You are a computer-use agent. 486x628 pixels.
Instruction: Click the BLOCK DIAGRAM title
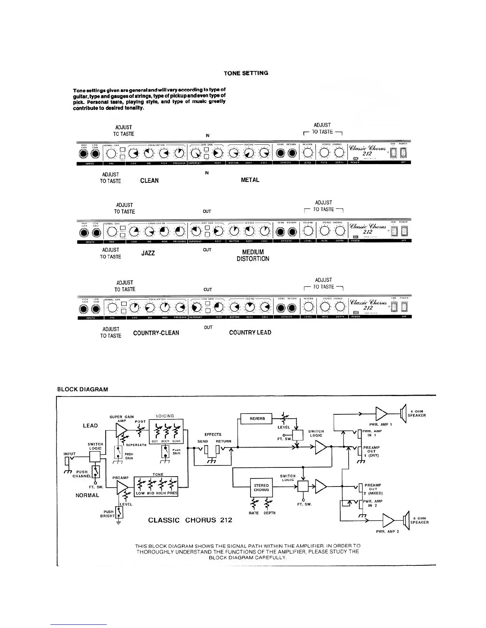pyautogui.click(x=83, y=389)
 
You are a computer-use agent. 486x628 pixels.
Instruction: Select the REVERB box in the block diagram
pyautogui.click(x=257, y=419)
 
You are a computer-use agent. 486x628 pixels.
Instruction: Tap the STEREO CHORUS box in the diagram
pyautogui.click(x=261, y=488)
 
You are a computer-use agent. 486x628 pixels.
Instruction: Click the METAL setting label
pyautogui.click(x=250, y=180)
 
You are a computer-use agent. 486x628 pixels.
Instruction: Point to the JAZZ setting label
pyautogui.click(x=148, y=253)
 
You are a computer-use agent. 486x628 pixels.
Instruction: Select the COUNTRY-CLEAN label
pyautogui.click(x=156, y=333)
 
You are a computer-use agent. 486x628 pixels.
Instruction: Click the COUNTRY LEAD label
pyautogui.click(x=250, y=333)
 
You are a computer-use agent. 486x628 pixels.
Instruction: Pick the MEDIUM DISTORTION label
pyautogui.click(x=253, y=255)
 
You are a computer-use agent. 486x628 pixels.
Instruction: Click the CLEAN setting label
pyautogui.click(x=149, y=180)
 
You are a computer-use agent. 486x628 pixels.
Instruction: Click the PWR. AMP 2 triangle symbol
pyautogui.click(x=388, y=520)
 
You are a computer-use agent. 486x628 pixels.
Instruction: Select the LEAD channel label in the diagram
pyautogui.click(x=90, y=425)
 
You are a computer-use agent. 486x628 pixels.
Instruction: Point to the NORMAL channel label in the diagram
pyautogui.click(x=87, y=495)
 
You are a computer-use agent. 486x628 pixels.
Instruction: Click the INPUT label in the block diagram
pyautogui.click(x=69, y=454)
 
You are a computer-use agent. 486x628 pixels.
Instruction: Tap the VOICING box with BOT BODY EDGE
pyautogui.click(x=165, y=433)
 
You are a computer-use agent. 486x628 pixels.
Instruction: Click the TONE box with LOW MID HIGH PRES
pyautogui.click(x=157, y=487)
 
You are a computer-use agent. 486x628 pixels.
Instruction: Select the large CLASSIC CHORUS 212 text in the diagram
pyautogui.click(x=190, y=520)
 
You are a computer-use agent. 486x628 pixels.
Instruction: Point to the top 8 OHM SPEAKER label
pyautogui.click(x=417, y=414)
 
